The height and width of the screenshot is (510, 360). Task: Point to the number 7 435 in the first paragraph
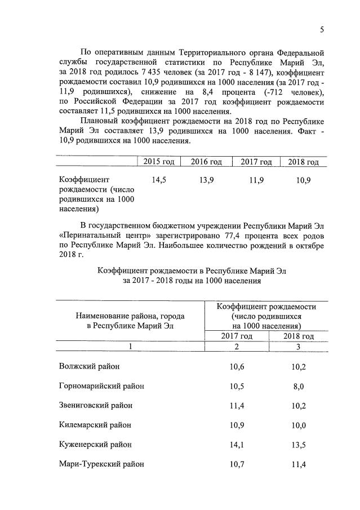tap(142, 72)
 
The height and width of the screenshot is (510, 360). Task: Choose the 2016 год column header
tap(206, 162)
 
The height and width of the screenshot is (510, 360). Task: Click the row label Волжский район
tap(89, 366)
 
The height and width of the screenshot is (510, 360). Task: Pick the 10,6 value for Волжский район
tap(237, 366)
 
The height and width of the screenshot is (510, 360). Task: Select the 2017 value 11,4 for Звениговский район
tap(237, 405)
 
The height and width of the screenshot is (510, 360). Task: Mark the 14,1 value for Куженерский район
tap(237, 445)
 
